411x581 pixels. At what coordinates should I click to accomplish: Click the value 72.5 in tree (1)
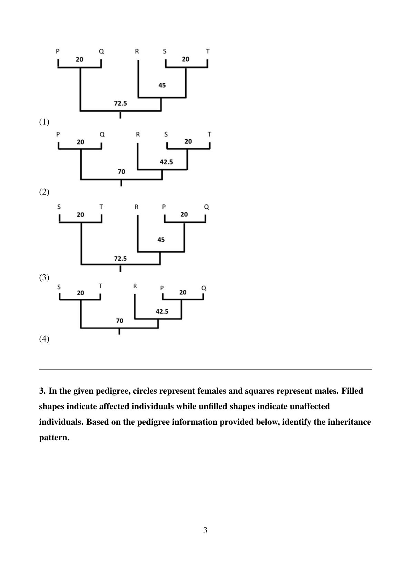(120, 103)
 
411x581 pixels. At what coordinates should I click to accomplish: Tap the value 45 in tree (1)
(162, 85)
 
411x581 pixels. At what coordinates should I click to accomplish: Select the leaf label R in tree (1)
(137, 51)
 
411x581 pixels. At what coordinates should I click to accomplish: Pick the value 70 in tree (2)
(121, 171)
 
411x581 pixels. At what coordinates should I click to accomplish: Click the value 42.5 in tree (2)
(166, 162)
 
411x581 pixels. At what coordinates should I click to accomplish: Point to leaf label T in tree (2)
(209, 134)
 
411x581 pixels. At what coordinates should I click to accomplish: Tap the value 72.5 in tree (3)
(120, 259)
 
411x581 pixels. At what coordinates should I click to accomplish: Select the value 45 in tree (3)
(161, 240)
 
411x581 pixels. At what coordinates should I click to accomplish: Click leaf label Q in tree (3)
(207, 207)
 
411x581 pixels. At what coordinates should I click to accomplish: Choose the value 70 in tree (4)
(120, 321)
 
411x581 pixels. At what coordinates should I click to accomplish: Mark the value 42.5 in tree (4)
(162, 311)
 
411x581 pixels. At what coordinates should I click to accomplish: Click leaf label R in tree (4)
(135, 286)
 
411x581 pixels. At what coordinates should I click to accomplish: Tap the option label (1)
(44, 122)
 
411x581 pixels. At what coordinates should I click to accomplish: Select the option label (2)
(44, 192)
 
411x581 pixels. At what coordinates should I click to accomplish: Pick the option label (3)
(44, 277)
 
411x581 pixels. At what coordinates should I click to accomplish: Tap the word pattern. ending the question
(54, 437)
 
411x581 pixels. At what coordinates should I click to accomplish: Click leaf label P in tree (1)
(58, 51)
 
